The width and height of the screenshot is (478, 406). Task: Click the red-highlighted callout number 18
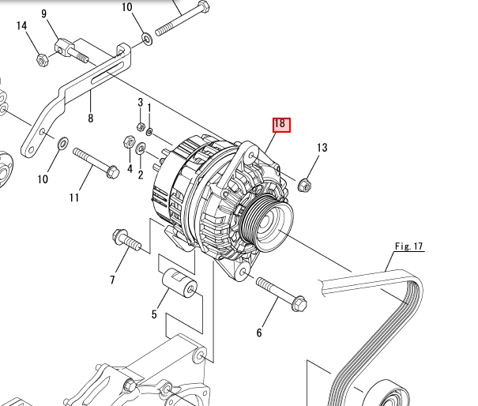point(281,125)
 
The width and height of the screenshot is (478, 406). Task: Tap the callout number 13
point(322,148)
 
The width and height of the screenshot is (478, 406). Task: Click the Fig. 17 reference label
point(408,246)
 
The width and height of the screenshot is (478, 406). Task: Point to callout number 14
point(21,25)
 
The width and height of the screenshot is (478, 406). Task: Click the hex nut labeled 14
point(43,60)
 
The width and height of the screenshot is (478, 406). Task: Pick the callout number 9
point(44,14)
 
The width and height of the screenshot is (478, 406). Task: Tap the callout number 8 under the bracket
point(91,118)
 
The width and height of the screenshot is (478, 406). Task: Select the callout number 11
point(74,197)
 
